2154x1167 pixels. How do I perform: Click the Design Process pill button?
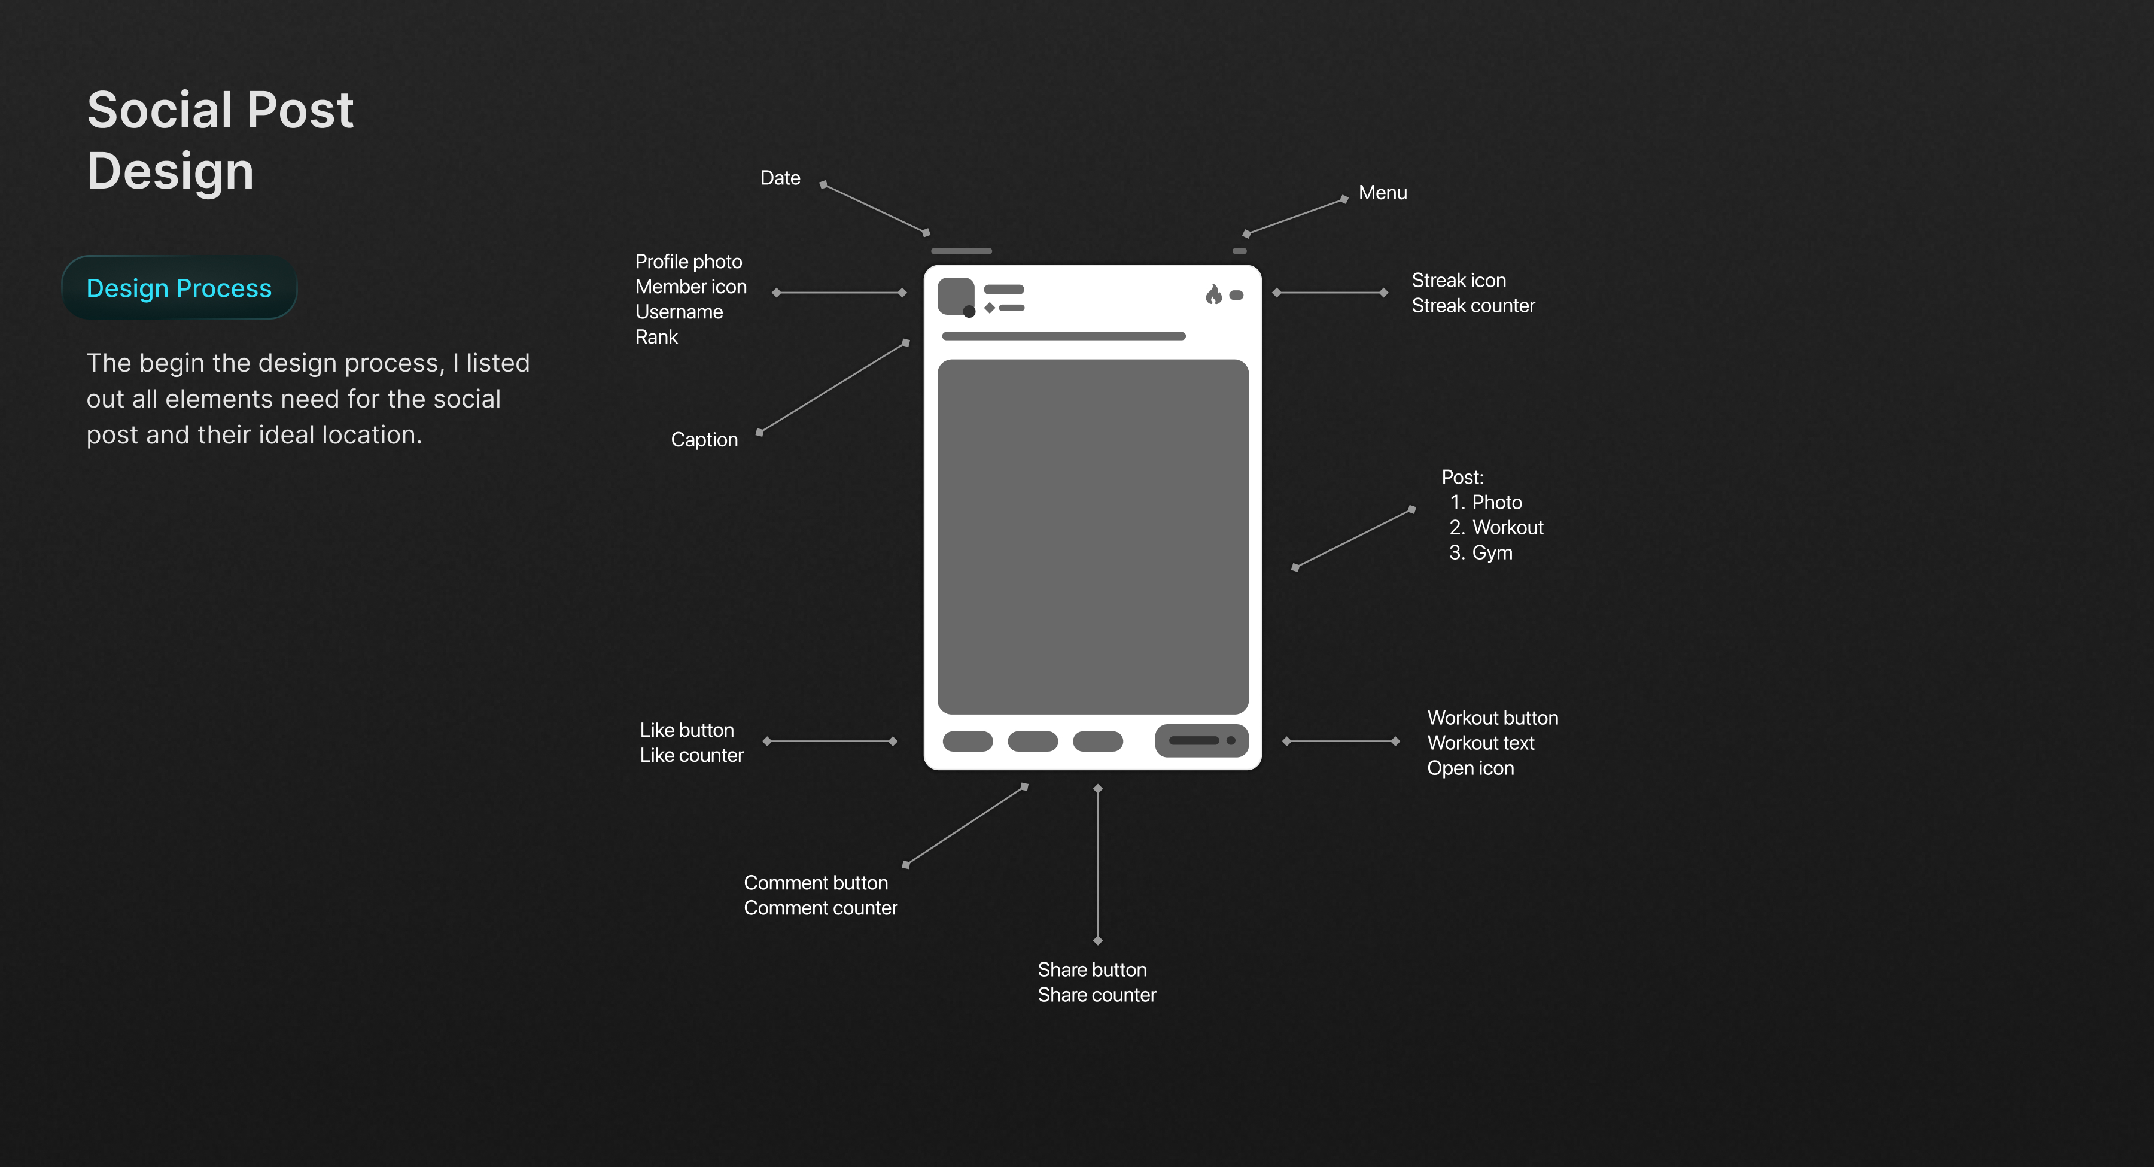pos(179,288)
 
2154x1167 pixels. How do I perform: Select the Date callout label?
pos(779,178)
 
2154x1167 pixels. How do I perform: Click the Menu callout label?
pos(1382,193)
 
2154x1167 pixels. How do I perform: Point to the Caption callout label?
pos(704,440)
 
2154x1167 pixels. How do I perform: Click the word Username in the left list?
pos(679,312)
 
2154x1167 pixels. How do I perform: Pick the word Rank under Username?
pos(656,337)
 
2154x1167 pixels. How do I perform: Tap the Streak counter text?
pos(1472,306)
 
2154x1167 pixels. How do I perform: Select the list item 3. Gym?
pos(1481,553)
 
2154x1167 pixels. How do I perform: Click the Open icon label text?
pos(1470,769)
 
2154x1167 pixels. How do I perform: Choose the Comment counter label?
pos(820,908)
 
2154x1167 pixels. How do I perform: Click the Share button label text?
pos(1091,971)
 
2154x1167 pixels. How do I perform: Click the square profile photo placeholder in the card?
pos(955,295)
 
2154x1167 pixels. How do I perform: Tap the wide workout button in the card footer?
pos(1201,740)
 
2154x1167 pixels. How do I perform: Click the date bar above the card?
pos(961,251)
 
